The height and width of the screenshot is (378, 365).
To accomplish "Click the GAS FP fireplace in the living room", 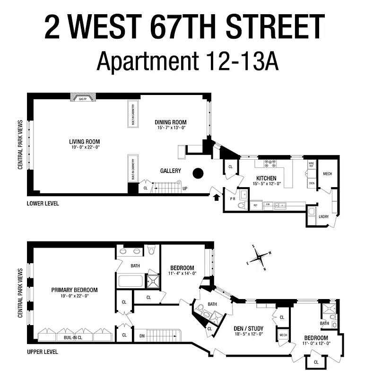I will (x=83, y=97).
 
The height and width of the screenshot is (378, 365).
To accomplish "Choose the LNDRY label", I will (x=324, y=216).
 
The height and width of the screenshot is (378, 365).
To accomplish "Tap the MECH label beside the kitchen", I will (x=327, y=174).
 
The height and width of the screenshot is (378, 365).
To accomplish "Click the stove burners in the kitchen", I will (x=270, y=164).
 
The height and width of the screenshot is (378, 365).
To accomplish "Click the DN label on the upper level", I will (x=142, y=336).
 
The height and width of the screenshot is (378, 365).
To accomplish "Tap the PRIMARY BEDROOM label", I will (x=75, y=290).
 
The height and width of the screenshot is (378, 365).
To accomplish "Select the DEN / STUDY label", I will (x=248, y=328).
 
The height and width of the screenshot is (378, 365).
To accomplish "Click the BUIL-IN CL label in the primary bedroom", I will (x=68, y=338).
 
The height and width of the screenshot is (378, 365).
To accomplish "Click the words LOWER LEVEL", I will (x=43, y=203).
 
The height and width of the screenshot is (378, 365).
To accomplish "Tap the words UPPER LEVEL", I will (x=43, y=352).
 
